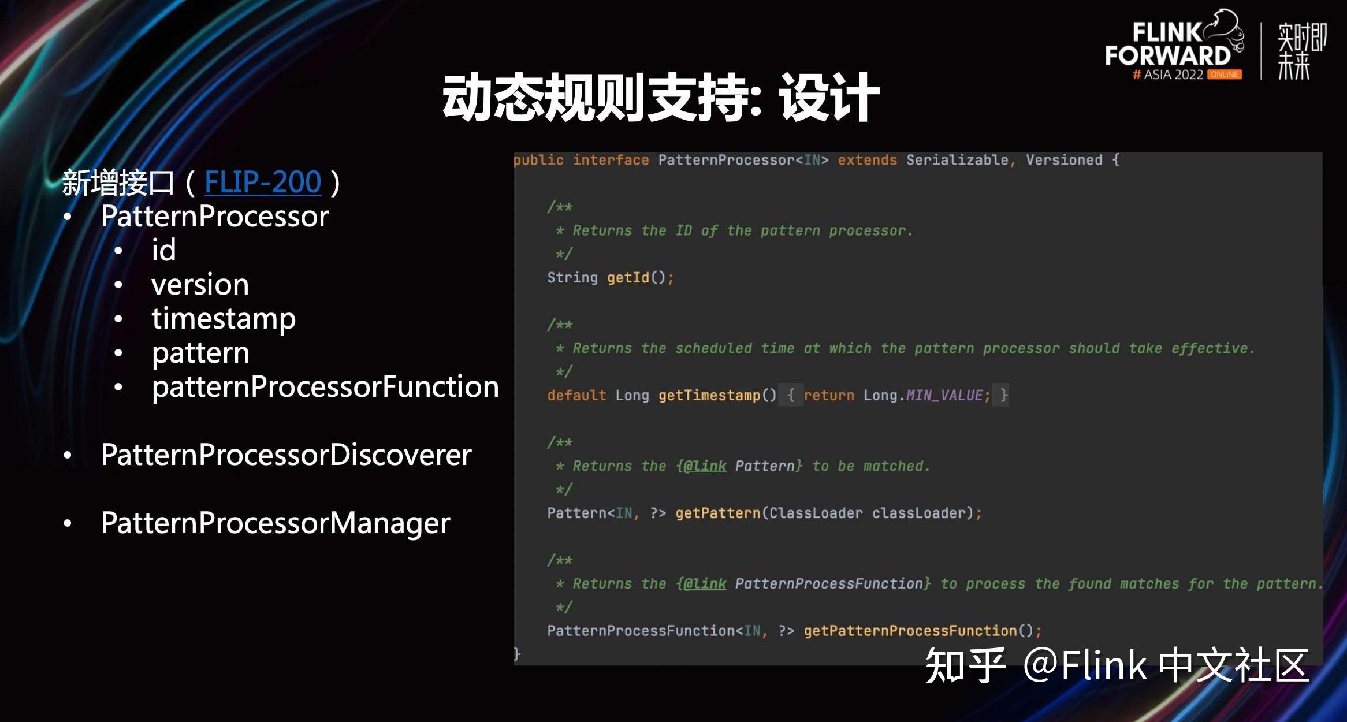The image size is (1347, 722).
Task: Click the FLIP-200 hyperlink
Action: point(263,182)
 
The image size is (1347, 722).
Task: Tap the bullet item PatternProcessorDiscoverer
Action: point(286,455)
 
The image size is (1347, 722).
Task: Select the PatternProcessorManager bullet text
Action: point(276,523)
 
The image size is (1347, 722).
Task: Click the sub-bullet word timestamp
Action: point(224,319)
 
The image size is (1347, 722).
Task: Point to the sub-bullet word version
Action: point(200,285)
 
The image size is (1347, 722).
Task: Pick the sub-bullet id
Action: point(163,250)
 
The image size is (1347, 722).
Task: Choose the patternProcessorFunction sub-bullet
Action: point(325,386)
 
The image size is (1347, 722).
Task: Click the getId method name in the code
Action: point(628,278)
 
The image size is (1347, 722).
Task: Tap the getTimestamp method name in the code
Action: point(709,396)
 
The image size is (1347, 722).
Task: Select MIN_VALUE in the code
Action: point(944,396)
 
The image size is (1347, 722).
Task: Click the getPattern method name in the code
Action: point(718,513)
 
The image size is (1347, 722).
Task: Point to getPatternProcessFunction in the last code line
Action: point(910,631)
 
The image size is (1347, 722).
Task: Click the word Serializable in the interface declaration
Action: point(957,160)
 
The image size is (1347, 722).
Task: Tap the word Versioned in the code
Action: point(1064,160)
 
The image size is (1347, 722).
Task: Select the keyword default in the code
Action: point(576,396)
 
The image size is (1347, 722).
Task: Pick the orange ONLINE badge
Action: point(1224,75)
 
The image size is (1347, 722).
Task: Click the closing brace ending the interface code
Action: point(517,654)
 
